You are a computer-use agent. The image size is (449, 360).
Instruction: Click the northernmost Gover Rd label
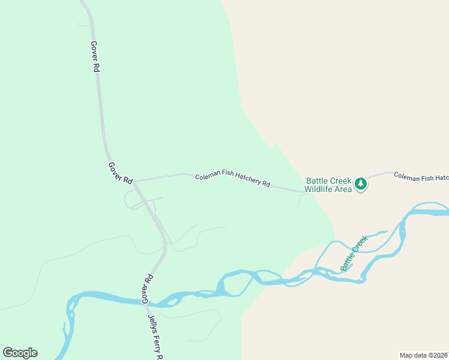(95, 57)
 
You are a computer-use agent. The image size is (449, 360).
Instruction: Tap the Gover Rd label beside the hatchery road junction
(121, 173)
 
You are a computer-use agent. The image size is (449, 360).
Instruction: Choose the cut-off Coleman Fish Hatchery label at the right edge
(421, 176)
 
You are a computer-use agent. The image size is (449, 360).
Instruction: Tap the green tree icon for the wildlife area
(360, 184)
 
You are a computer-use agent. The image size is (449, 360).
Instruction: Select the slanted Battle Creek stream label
(354, 254)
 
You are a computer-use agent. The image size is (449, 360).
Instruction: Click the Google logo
(20, 353)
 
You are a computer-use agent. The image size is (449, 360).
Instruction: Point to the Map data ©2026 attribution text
(424, 355)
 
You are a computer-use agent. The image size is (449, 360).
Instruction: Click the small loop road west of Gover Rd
(129, 200)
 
